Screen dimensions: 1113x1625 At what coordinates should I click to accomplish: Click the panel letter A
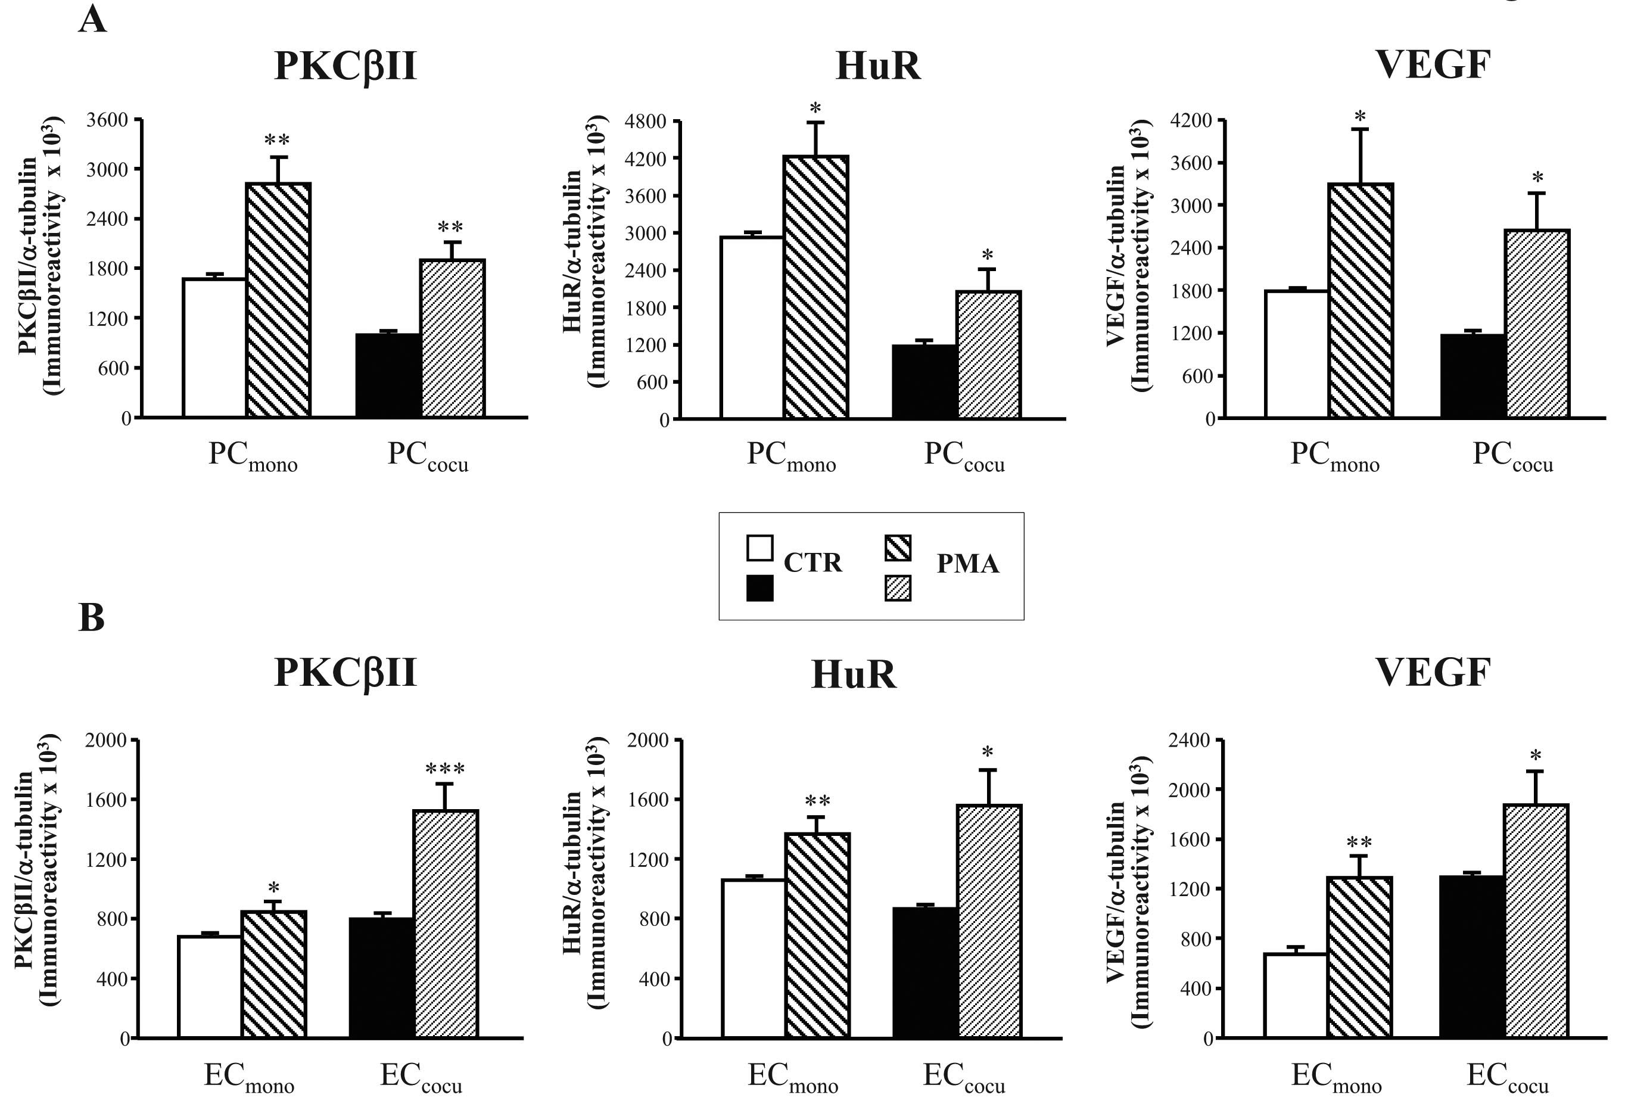pyautogui.click(x=92, y=20)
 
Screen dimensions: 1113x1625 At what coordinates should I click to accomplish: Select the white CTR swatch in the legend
pyautogui.click(x=759, y=548)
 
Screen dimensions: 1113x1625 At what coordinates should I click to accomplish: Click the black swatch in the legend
pyautogui.click(x=759, y=588)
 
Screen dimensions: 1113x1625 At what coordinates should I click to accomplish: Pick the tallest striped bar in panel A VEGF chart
pyautogui.click(x=1360, y=301)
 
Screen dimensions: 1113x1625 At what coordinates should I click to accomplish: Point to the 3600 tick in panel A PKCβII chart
pyautogui.click(x=107, y=120)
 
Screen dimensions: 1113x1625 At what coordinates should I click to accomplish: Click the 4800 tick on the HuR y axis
pyautogui.click(x=645, y=122)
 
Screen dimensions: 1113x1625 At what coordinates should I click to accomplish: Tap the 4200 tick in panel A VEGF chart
pyautogui.click(x=1191, y=120)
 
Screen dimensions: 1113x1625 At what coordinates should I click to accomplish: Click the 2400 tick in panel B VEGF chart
pyautogui.click(x=1190, y=740)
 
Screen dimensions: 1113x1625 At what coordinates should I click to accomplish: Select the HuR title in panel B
pyautogui.click(x=853, y=674)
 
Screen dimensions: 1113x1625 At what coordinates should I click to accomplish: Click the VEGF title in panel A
pyautogui.click(x=1433, y=65)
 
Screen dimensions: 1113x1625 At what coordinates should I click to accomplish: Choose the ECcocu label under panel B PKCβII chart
pyautogui.click(x=421, y=1078)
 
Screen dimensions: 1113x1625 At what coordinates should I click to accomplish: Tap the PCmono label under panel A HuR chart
pyautogui.click(x=791, y=456)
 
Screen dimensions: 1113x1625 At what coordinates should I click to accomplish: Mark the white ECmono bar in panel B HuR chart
pyautogui.click(x=754, y=959)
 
